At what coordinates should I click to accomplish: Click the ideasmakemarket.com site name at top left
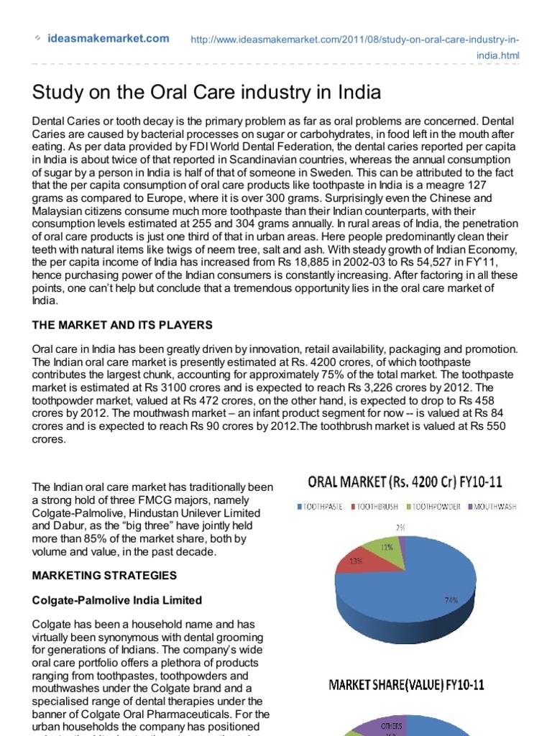(x=108, y=39)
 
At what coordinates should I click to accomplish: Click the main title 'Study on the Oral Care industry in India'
(x=206, y=93)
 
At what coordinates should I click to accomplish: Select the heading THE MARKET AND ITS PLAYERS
(x=122, y=325)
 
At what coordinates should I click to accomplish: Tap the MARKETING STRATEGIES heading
(x=103, y=576)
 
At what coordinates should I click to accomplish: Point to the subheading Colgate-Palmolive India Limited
(x=117, y=600)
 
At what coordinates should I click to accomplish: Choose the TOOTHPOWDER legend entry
(x=434, y=506)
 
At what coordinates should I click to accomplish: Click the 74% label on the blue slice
(x=451, y=599)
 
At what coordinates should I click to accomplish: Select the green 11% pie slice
(x=387, y=548)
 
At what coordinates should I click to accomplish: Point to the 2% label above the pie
(x=400, y=528)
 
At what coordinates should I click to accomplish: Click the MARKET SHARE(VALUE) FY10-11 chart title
(x=406, y=685)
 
